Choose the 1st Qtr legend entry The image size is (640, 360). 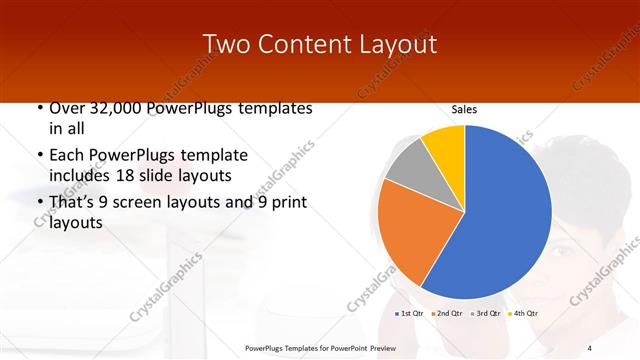coord(410,314)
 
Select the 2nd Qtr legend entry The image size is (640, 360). coord(448,314)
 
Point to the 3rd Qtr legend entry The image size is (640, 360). coord(486,314)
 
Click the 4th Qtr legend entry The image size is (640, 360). coord(524,314)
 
